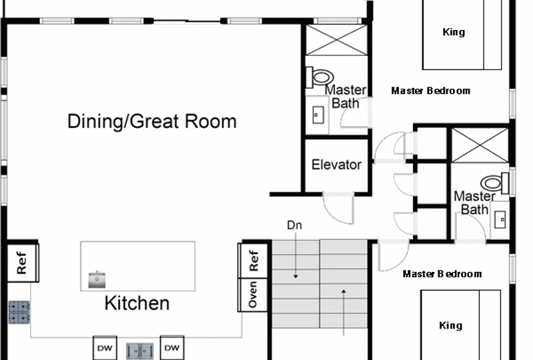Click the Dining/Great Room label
pyautogui.click(x=152, y=121)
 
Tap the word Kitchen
pyautogui.click(x=137, y=303)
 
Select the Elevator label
pyautogui.click(x=336, y=165)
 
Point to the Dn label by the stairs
pyautogui.click(x=294, y=225)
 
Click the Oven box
pyautogui.click(x=253, y=295)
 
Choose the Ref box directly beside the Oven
pyautogui.click(x=253, y=261)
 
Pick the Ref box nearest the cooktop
pyautogui.click(x=23, y=263)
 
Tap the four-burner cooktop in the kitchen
pyautogui.click(x=19, y=312)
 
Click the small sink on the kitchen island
pyautogui.click(x=97, y=280)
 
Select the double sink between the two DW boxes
pyautogui.click(x=140, y=351)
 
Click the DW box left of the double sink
pyautogui.click(x=105, y=348)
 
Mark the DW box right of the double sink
pyautogui.click(x=172, y=348)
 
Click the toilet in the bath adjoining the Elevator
pyautogui.click(x=320, y=77)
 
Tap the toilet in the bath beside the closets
pyautogui.click(x=494, y=183)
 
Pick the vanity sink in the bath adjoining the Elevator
pyautogui.click(x=318, y=115)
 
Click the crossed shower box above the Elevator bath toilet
pyautogui.click(x=336, y=40)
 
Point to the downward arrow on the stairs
pyautogui.click(x=295, y=255)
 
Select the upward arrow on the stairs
pyautogui.click(x=344, y=312)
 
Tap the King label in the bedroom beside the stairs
pyautogui.click(x=451, y=325)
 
